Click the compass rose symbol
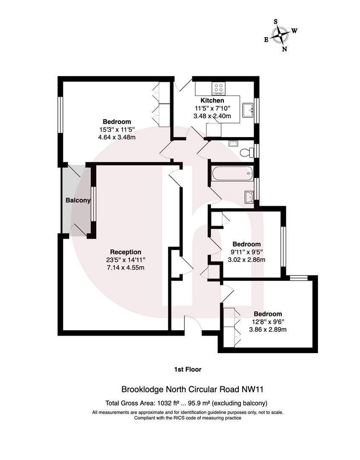point(280,34)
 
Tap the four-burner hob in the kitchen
point(219,88)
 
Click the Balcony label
point(78,200)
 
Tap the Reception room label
point(126,252)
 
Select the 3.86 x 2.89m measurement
point(268,329)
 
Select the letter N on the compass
point(285,49)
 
